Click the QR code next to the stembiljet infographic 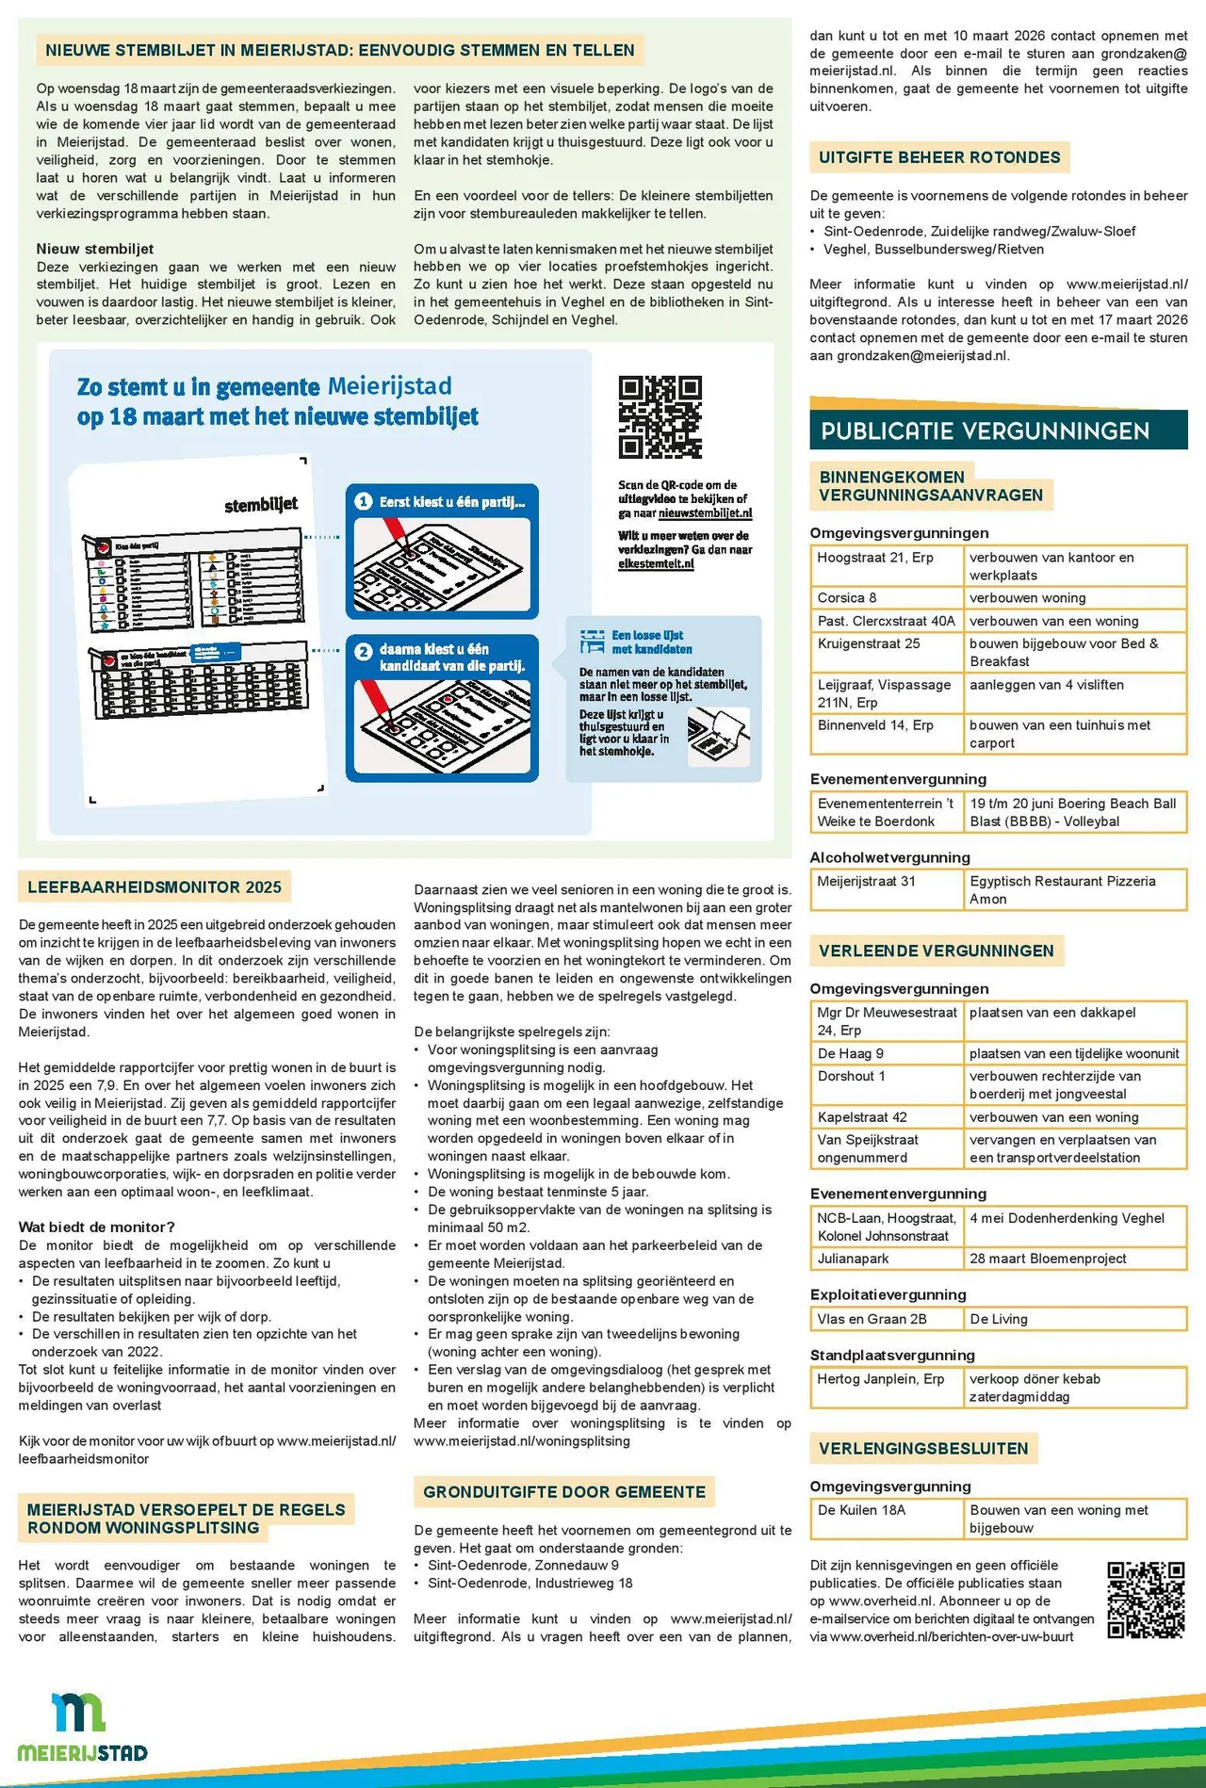click(x=660, y=416)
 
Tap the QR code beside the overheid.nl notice click(x=1145, y=1600)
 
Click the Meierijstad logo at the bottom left click(x=83, y=1727)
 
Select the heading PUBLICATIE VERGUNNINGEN click(x=985, y=431)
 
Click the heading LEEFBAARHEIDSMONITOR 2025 click(x=155, y=887)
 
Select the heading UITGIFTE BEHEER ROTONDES click(x=939, y=157)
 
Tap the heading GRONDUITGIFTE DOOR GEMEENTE click(x=563, y=1492)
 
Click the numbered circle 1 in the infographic click(x=364, y=502)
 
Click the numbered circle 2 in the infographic click(x=364, y=651)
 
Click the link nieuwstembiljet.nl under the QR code click(x=705, y=513)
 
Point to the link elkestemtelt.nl click(x=656, y=563)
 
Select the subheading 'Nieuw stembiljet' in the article click(x=95, y=249)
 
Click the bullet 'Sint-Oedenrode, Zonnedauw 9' click(x=523, y=1566)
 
